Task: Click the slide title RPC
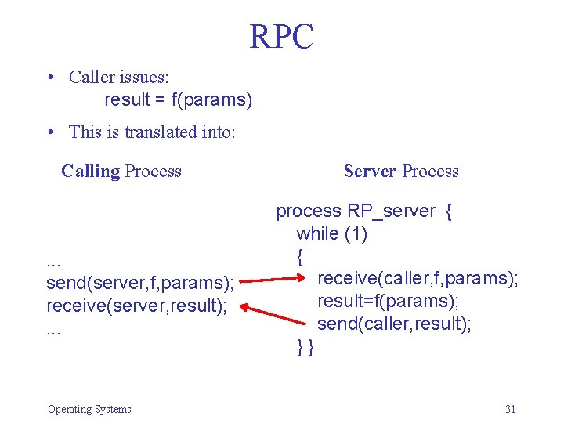(282, 37)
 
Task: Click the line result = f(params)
(179, 100)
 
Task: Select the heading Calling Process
(121, 171)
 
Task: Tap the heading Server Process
(401, 171)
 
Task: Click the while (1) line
(331, 233)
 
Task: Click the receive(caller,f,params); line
(418, 277)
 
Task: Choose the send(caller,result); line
(394, 324)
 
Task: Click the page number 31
(511, 409)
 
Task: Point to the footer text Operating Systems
(89, 409)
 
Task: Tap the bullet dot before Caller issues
(50, 78)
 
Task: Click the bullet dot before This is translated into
(50, 132)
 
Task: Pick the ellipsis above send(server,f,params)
(55, 261)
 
